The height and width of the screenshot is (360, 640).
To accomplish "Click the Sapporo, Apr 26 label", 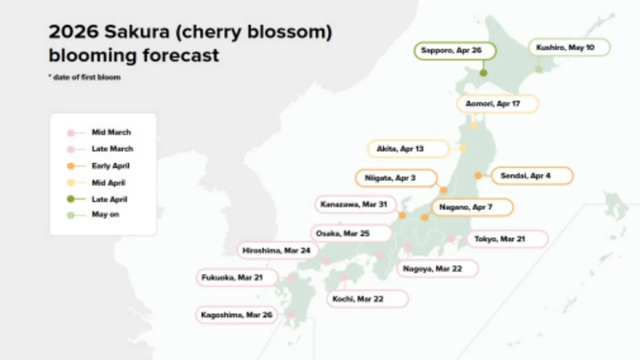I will pos(454,51).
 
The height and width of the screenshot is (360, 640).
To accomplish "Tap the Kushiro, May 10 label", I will pos(569,47).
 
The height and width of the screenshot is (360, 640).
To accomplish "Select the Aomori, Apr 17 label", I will pos(497,104).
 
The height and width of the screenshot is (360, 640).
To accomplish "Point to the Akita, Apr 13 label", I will pos(408,148).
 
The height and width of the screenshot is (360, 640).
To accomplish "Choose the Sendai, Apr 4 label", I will pos(532,176).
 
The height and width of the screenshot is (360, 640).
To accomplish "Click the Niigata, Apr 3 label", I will pos(396,178).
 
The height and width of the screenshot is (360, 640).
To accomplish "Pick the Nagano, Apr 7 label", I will pos(472,207).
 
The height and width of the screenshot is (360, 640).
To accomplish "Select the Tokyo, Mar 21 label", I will pos(507,239).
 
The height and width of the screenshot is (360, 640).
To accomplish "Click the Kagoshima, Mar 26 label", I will pos(236,315).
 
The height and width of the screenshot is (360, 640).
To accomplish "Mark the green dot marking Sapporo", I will pos(483,73).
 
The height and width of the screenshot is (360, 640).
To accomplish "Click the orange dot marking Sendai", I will pos(478,175).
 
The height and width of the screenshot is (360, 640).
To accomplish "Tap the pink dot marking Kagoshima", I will pos(291,314).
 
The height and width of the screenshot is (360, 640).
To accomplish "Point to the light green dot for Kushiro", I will pos(538,69).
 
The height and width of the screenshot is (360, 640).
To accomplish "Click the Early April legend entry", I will pos(110,166).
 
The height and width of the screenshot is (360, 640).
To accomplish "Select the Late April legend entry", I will pos(109,199).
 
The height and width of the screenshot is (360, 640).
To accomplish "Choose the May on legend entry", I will pos(105,214).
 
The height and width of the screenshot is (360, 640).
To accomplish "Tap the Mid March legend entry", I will pos(111,132).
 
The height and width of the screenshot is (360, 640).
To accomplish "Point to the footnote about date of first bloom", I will pos(84,77).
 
